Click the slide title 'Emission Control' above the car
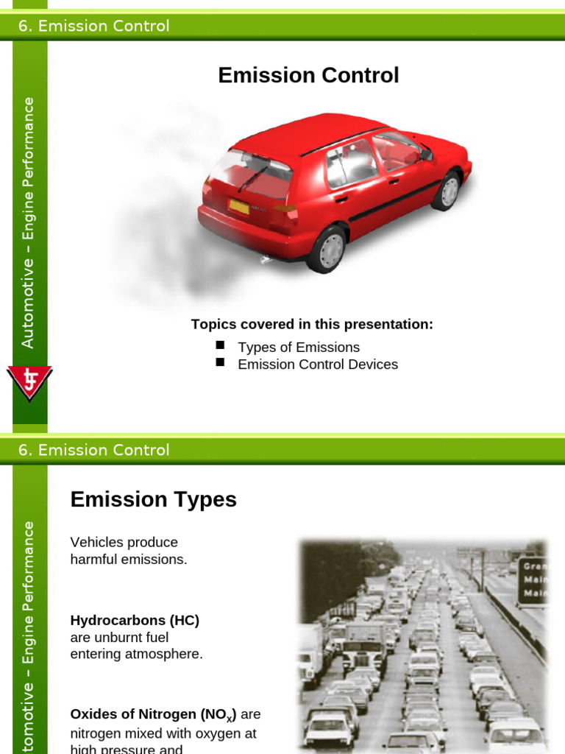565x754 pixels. click(308, 75)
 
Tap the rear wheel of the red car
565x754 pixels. click(327, 250)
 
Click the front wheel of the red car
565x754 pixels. click(446, 191)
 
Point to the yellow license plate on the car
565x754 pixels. click(238, 207)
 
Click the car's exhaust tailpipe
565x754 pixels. click(266, 260)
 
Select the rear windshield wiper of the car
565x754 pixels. click(253, 177)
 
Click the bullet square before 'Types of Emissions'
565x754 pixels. click(219, 345)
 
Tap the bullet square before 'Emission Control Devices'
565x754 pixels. click(219, 362)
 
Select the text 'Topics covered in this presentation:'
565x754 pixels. click(312, 324)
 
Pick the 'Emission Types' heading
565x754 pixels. click(153, 499)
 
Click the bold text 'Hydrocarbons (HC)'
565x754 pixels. click(135, 620)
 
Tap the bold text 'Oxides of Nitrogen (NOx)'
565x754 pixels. click(153, 714)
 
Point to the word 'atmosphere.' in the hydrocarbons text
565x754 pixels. click(166, 653)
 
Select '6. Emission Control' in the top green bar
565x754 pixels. click(93, 26)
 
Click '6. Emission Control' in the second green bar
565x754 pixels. click(93, 450)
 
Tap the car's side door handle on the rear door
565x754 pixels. click(341, 198)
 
